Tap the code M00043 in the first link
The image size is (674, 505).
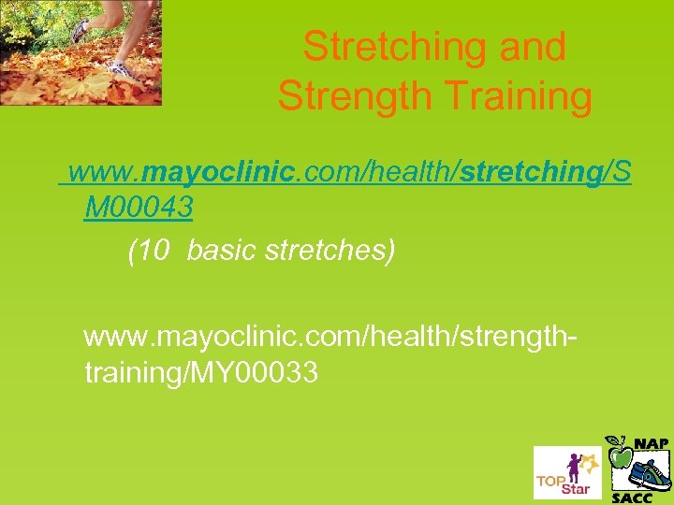coord(139,209)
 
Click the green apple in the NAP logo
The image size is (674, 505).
coord(620,455)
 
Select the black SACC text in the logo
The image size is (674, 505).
coord(633,496)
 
